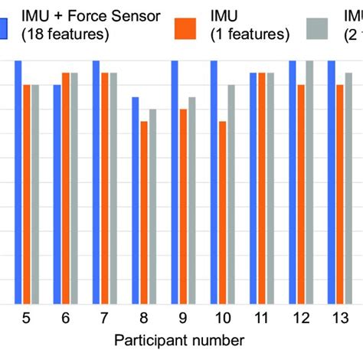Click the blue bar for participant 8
pos(136,200)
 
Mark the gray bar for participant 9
pos(192,200)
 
